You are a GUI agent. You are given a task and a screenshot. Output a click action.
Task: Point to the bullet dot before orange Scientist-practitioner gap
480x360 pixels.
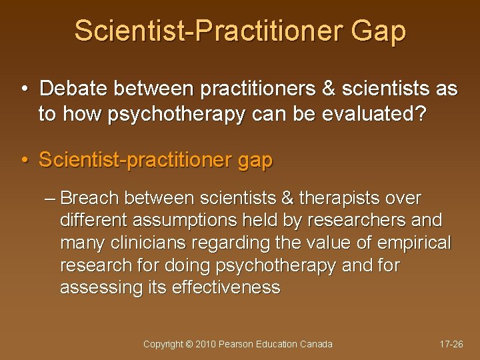24,161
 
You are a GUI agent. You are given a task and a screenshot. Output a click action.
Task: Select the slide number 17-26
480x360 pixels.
451,344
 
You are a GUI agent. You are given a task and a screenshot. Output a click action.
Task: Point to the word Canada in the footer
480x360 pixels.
317,344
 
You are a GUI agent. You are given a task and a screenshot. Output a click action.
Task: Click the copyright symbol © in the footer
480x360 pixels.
189,344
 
